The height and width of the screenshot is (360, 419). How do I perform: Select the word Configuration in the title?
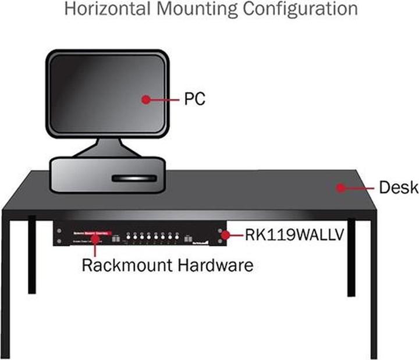point(307,9)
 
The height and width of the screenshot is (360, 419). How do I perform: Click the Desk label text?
point(398,187)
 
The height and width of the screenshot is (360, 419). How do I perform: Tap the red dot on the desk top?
point(341,187)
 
